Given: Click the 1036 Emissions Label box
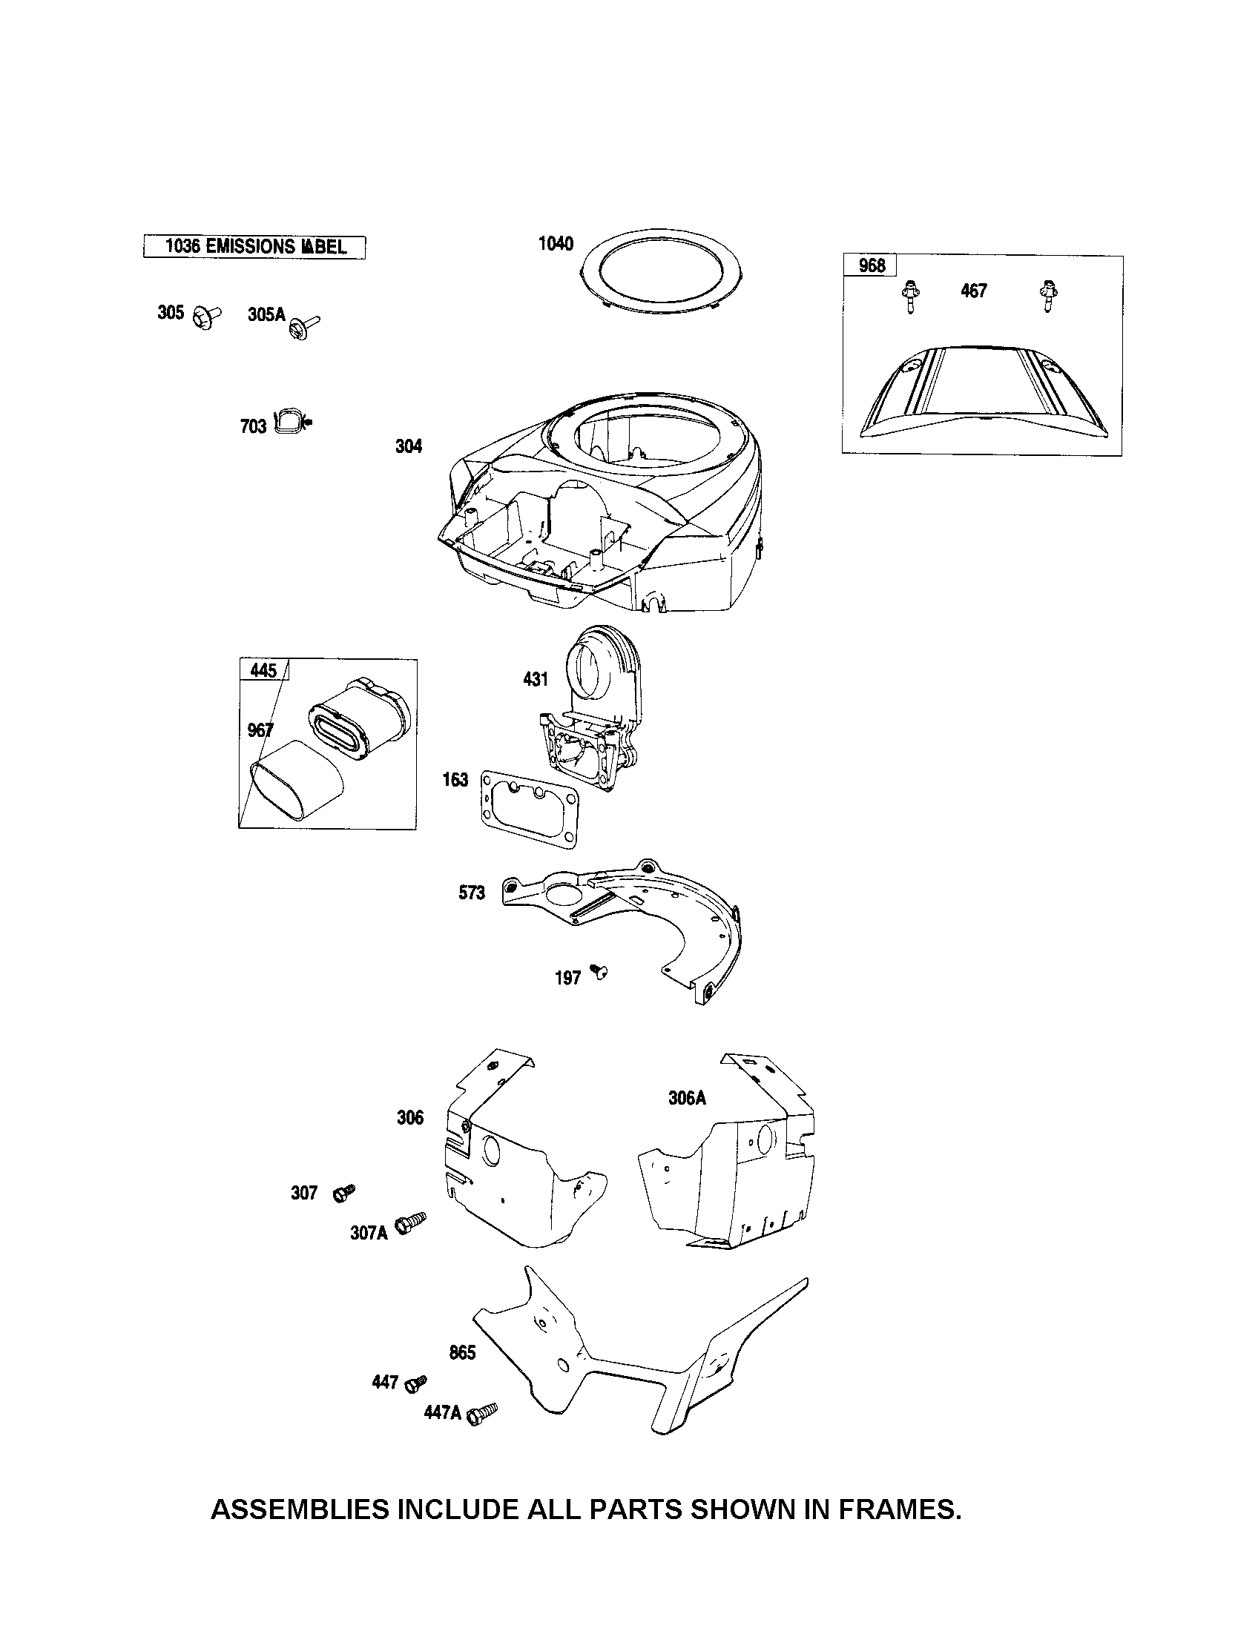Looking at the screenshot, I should pyautogui.click(x=254, y=246).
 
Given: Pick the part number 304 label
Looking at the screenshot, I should pyautogui.click(x=409, y=446).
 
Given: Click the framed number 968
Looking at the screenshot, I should pyautogui.click(x=872, y=265).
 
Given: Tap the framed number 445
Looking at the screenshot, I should pyautogui.click(x=263, y=670).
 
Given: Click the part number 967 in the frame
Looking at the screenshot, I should pyautogui.click(x=260, y=730).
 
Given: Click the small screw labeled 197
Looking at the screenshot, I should pyautogui.click(x=599, y=970).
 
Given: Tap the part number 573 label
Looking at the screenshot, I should pyautogui.click(x=471, y=893).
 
